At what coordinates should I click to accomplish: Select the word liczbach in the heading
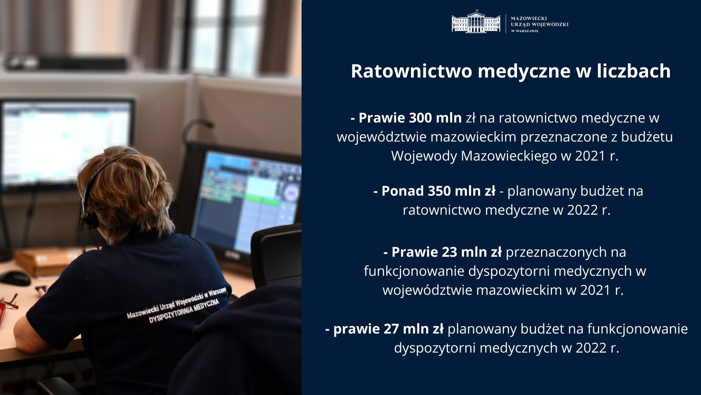[634, 71]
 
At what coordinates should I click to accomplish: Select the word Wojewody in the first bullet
[424, 156]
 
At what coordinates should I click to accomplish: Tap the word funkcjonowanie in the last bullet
[637, 329]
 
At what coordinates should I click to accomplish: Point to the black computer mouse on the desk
[15, 278]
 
